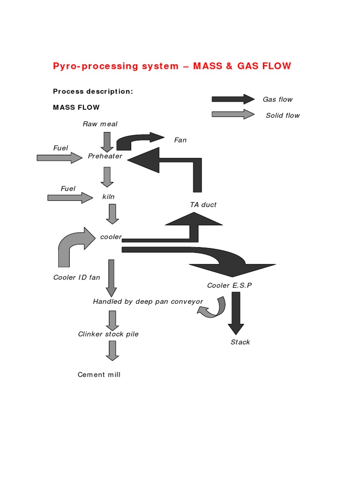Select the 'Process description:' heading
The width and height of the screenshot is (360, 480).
coord(93,91)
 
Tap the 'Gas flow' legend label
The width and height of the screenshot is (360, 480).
coord(277,99)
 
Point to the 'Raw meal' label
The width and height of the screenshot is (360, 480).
coord(100,124)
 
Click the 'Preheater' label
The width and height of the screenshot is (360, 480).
coord(105,157)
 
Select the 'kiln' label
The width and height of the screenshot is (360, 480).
coord(108,197)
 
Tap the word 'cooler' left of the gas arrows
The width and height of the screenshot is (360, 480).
coord(111,237)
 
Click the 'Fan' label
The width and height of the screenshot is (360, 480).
coord(180,140)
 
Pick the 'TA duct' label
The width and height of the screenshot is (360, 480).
coord(203,205)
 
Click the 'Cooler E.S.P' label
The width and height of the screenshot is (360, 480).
coord(229,285)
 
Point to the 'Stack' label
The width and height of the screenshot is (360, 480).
coord(240,342)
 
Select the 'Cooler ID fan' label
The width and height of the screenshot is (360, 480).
coord(76,277)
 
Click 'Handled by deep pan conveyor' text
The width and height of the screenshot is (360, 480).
coord(148,301)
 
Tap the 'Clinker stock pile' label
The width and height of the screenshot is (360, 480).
coord(108,334)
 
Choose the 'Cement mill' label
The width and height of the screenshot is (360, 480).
coord(99,375)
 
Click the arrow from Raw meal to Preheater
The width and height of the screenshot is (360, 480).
coord(107,142)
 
